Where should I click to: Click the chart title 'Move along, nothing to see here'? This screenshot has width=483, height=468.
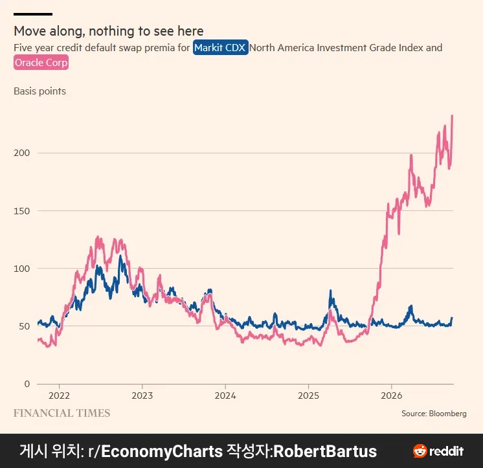[109, 31]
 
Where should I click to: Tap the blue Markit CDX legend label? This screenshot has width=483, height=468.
[221, 48]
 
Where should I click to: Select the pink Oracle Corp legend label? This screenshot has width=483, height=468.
[41, 63]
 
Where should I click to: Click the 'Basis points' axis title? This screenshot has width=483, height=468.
[39, 91]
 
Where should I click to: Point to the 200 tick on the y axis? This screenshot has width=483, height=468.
[21, 153]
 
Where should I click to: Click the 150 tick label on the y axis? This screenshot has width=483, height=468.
[21, 211]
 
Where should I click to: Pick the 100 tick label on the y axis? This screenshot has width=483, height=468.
[21, 269]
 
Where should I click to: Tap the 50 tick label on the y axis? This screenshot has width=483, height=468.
[25, 326]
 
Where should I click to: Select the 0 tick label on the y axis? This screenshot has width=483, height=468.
[27, 384]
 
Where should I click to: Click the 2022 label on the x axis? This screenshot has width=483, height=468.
[59, 396]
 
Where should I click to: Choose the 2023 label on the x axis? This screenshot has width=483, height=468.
[142, 396]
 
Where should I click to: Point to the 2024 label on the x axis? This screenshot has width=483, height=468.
[225, 396]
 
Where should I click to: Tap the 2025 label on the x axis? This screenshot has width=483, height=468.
[308, 396]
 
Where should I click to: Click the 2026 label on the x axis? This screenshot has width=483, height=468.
[392, 396]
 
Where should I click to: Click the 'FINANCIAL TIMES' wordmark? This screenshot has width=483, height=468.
[62, 413]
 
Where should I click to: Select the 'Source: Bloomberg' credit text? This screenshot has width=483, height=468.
[434, 414]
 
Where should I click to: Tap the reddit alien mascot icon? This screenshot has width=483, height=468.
[420, 451]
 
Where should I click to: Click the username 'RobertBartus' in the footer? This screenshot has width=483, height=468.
[325, 451]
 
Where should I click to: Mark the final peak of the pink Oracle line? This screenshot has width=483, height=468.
[452, 116]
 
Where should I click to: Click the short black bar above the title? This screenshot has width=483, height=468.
[33, 14]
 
